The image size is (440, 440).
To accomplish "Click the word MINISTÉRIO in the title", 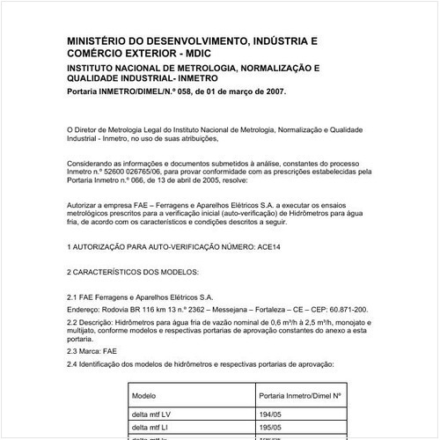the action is click(x=101, y=40).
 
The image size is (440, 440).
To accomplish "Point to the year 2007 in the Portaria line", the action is click(x=272, y=92).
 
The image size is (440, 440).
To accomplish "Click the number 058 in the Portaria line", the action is click(x=183, y=92).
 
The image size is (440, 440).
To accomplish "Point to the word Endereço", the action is click(x=86, y=311).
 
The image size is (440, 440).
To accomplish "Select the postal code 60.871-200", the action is click(x=348, y=311).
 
